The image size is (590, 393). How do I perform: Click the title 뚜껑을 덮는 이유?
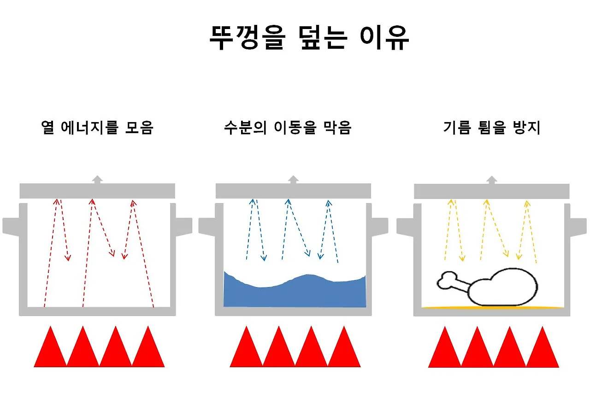click(x=309, y=38)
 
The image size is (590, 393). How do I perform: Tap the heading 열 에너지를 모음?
click(x=97, y=128)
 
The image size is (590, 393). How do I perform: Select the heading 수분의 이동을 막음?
click(x=288, y=128)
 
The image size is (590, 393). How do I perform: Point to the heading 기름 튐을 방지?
click(x=491, y=128)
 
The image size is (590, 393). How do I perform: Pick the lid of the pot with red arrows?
click(x=97, y=191)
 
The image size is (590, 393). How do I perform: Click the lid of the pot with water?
click(x=294, y=191)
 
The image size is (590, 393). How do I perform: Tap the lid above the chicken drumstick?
click(x=492, y=191)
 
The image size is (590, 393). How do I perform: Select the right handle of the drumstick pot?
click(x=578, y=226)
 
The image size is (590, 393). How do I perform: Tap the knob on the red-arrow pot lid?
click(x=97, y=180)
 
